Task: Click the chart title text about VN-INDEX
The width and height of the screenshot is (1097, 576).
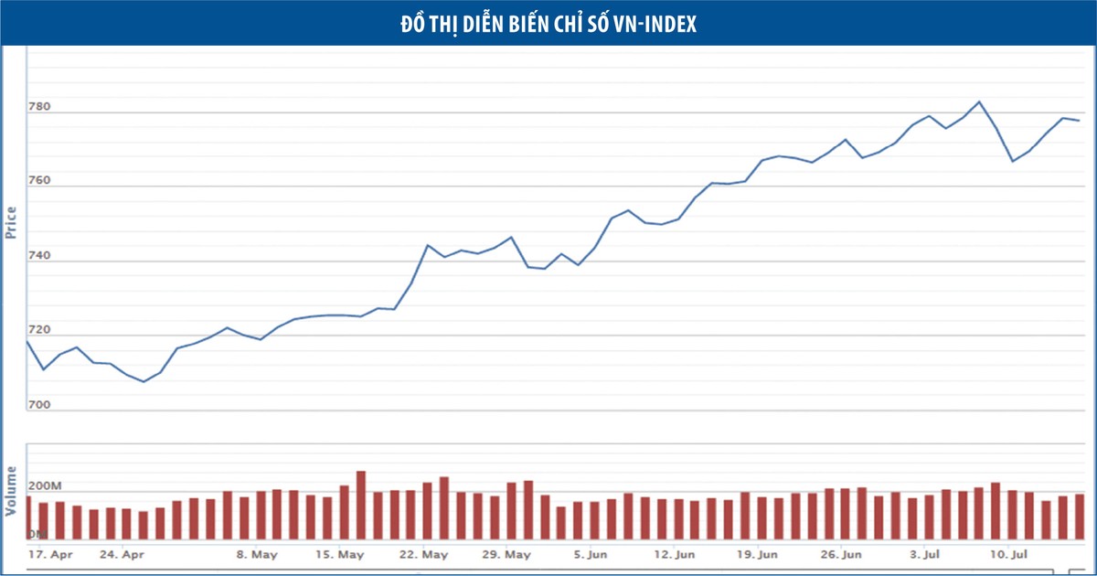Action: [548, 25]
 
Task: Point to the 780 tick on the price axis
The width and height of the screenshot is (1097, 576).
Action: [39, 108]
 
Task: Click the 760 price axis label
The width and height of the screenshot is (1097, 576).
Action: [39, 182]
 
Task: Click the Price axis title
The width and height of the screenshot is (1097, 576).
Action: [12, 223]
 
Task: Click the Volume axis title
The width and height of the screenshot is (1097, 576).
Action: [12, 491]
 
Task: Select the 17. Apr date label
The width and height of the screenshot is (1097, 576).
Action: [50, 554]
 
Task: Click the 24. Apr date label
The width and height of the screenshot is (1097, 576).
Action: [122, 554]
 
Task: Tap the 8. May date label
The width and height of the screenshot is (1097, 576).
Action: [257, 554]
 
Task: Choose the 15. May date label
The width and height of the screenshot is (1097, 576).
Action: [338, 554]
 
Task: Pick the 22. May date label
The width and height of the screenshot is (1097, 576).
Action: [423, 554]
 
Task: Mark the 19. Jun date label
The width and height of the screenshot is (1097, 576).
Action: [757, 554]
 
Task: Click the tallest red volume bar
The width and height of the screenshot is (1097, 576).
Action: [361, 505]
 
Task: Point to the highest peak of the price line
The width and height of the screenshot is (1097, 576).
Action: [979, 101]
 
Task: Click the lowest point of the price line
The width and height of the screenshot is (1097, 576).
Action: [144, 381]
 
